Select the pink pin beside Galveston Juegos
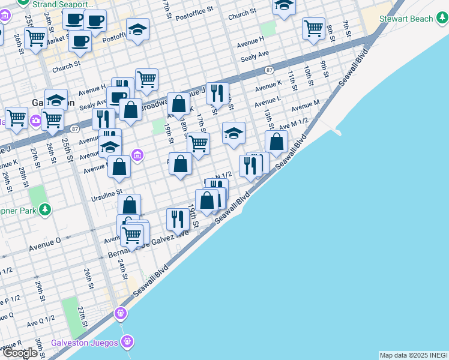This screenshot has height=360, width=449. pos(126,342)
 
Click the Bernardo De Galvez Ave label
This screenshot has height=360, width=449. pos(149,244)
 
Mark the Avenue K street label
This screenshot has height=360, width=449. pos(268,86)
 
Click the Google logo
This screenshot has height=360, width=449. pos(20,353)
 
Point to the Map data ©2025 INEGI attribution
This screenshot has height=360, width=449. pos(414,355)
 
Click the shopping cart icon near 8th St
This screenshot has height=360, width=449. pos(313,28)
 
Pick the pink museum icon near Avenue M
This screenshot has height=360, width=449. pos(137,156)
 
